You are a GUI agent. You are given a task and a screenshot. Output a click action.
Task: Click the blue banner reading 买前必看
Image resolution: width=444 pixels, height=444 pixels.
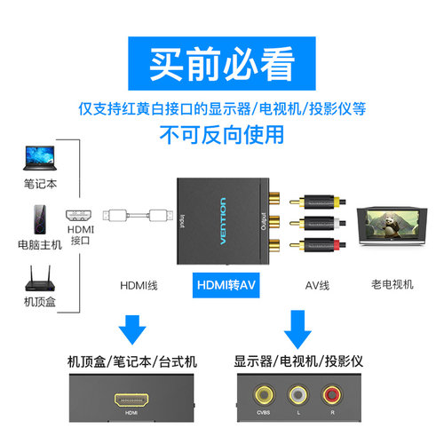point(222,64)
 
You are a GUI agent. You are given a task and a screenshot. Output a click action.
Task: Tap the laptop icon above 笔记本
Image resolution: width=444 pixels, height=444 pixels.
point(37,160)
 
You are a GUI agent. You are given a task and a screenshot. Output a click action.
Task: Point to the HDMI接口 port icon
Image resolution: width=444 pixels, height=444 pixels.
point(79,216)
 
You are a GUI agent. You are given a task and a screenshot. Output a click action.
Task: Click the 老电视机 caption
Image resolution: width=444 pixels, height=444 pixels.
point(392,286)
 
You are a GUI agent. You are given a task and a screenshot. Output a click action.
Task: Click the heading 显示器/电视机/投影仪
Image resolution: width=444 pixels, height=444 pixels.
point(297,361)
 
